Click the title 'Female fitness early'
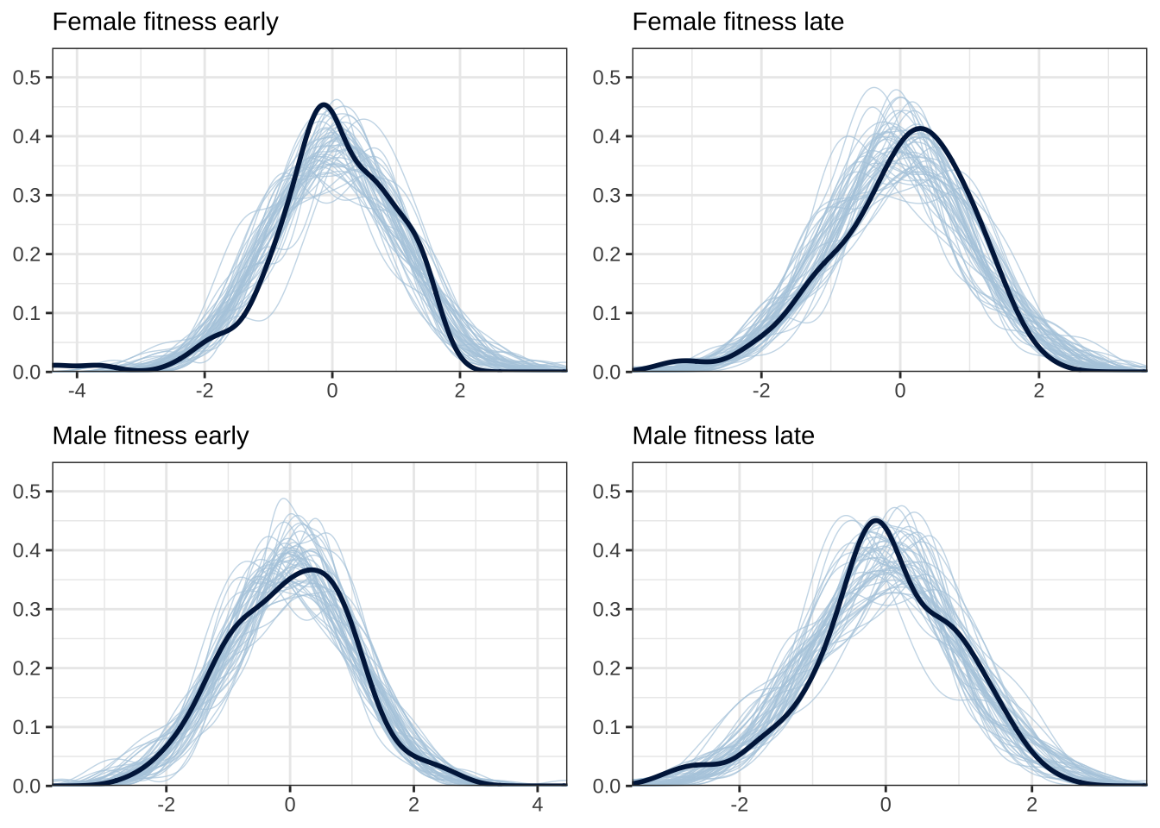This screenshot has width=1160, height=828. click(x=165, y=22)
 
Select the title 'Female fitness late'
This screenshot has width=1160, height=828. click(x=738, y=22)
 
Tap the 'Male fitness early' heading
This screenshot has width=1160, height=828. click(x=150, y=436)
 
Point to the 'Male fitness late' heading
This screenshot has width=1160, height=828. click(x=723, y=436)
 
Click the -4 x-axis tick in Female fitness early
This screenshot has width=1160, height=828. click(x=77, y=390)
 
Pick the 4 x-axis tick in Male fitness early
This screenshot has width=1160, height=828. click(x=538, y=804)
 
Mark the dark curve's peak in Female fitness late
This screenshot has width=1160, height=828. click(x=921, y=129)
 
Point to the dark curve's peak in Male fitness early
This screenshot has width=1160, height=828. click(x=312, y=570)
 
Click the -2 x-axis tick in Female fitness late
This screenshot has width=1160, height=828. click(x=760, y=390)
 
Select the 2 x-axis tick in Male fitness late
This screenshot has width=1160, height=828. click(x=1032, y=804)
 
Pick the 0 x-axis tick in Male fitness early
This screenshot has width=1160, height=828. click(x=290, y=804)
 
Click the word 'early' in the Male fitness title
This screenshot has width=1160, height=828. click(x=222, y=436)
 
